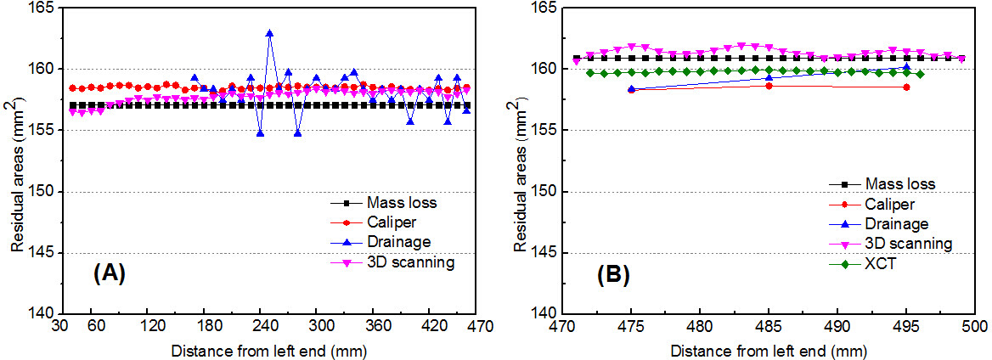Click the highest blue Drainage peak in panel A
coord(269,33)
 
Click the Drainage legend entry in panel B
coord(897,224)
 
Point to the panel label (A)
coord(110,274)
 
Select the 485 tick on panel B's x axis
coord(769,326)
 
